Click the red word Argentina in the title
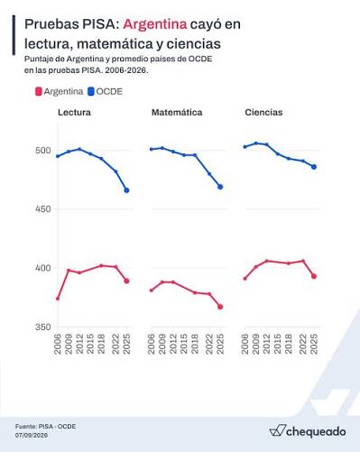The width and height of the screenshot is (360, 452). pyautogui.click(x=155, y=24)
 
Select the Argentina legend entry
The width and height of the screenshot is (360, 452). pyautogui.click(x=60, y=91)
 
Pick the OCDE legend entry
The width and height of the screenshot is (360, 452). pyautogui.click(x=106, y=91)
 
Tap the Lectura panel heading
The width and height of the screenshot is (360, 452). pyautogui.click(x=74, y=113)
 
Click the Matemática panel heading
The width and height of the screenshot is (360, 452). pyautogui.click(x=177, y=113)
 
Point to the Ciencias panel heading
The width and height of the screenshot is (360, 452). pyautogui.click(x=263, y=113)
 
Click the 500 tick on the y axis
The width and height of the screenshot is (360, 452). pyautogui.click(x=43, y=151)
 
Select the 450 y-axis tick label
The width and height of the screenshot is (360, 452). pyautogui.click(x=43, y=209)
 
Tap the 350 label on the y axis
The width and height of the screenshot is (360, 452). pyautogui.click(x=43, y=327)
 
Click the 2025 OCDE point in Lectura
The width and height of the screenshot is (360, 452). pyautogui.click(x=126, y=190)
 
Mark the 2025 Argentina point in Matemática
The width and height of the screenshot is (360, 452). pyautogui.click(x=220, y=307)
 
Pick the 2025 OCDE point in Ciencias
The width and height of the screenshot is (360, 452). pyautogui.click(x=314, y=167)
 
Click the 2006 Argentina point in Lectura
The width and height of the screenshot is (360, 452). pyautogui.click(x=58, y=299)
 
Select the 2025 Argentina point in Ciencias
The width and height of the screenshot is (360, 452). pyautogui.click(x=314, y=276)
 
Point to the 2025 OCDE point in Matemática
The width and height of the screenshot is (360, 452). pyautogui.click(x=220, y=187)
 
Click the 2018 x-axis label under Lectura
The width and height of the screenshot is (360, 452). pyautogui.click(x=101, y=344)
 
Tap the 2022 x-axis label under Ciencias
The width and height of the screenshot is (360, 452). pyautogui.click(x=303, y=344)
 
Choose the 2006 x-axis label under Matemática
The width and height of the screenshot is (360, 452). pyautogui.click(x=152, y=344)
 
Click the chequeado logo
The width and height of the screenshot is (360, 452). pyautogui.click(x=308, y=431)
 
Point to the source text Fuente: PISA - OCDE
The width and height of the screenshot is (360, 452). pyautogui.click(x=45, y=427)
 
